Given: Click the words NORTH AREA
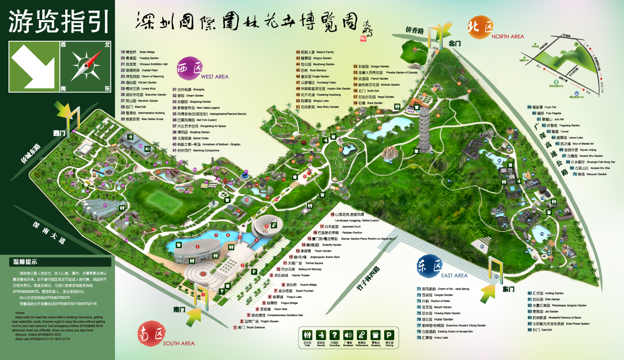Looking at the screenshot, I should click(x=508, y=37).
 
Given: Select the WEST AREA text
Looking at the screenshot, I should click(x=215, y=77).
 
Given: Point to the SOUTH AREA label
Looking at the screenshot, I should click(x=178, y=343).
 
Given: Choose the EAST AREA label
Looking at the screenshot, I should click(x=455, y=275).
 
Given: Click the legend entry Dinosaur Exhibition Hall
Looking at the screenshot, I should click(x=148, y=64).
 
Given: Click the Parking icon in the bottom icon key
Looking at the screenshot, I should click(x=390, y=335).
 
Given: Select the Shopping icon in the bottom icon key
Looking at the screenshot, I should click(x=376, y=335).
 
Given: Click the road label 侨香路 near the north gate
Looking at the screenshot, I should click(x=414, y=30).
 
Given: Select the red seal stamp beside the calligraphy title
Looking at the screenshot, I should click(x=363, y=38).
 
